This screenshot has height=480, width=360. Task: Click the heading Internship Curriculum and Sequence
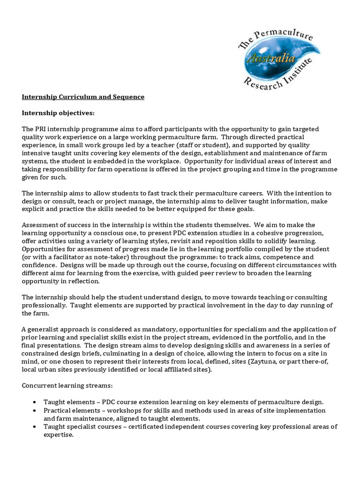83,97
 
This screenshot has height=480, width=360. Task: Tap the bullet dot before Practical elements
36,411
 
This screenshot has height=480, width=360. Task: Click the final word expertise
58,435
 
